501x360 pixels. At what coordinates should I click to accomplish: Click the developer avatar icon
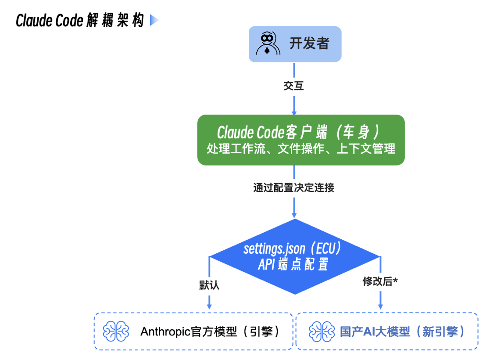[x=267, y=43]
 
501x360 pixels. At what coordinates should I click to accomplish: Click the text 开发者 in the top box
[x=309, y=43]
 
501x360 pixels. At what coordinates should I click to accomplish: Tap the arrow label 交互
[x=294, y=86]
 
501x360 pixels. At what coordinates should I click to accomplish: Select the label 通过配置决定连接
[x=293, y=188]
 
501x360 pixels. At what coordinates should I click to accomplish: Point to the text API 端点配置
[x=293, y=265]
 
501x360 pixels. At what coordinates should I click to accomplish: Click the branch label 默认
[x=209, y=285]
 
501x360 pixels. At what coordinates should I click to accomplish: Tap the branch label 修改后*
[x=380, y=281]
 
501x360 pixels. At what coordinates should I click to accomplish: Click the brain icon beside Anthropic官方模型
[x=116, y=331]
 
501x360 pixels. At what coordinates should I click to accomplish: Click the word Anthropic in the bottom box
[x=166, y=331]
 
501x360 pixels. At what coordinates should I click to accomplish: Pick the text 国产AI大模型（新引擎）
[x=402, y=331]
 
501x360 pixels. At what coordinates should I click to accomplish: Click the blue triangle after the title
[x=154, y=20]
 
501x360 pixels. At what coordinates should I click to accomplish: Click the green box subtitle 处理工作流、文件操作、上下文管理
[x=301, y=149]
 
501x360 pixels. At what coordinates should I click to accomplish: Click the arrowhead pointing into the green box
[x=294, y=111]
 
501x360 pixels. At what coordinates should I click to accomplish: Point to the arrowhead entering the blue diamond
[x=294, y=214]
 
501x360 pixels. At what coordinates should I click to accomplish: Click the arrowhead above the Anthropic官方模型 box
[x=209, y=305]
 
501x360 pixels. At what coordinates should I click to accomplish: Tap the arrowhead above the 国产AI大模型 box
[x=380, y=305]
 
